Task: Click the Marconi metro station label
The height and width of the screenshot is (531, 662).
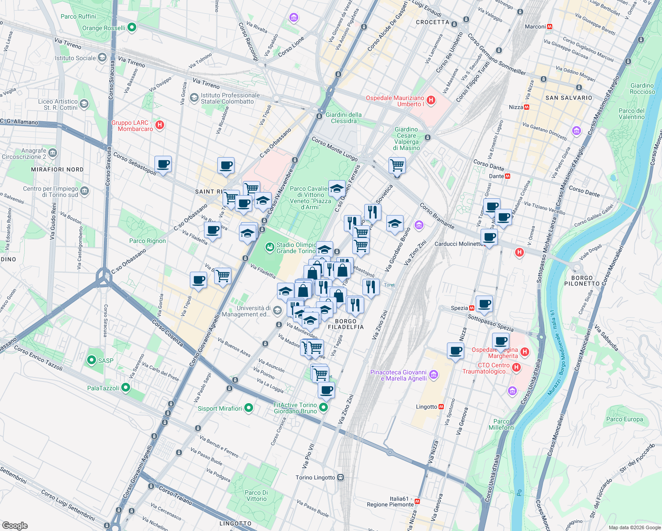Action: click(x=535, y=27)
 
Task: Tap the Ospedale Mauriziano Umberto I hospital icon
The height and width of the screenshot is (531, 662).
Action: click(x=431, y=100)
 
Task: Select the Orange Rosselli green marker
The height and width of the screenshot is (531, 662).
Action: click(x=131, y=27)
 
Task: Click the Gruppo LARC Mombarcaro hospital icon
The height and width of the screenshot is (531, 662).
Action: click(x=160, y=125)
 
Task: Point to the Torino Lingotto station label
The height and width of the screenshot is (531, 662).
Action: click(x=316, y=477)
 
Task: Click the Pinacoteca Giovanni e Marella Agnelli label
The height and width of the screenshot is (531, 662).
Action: click(x=399, y=375)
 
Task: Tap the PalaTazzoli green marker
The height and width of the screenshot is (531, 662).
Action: click(x=126, y=388)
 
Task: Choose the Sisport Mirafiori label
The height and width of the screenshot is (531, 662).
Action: click(x=220, y=408)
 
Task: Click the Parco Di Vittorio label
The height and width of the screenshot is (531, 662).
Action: click(x=256, y=496)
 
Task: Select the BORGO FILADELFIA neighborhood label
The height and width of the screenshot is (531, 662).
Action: click(x=346, y=324)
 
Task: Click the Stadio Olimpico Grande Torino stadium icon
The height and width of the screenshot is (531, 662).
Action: click(x=269, y=247)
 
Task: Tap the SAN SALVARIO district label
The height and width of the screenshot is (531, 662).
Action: click(x=569, y=98)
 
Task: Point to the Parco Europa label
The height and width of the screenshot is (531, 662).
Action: click(x=624, y=419)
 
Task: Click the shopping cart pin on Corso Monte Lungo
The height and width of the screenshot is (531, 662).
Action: click(x=397, y=165)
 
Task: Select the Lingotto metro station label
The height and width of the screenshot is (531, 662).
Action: click(x=427, y=407)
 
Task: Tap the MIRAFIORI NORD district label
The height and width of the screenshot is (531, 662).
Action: click(x=57, y=169)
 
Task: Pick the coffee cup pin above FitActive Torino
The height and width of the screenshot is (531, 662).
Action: click(x=326, y=390)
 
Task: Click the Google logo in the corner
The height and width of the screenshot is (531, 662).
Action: click(x=15, y=525)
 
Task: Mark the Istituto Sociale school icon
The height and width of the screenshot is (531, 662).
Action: click(x=102, y=58)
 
